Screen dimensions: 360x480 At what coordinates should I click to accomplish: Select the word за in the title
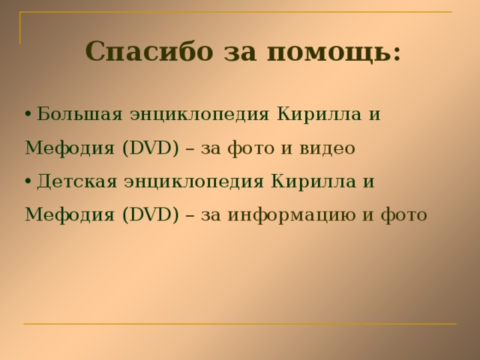(x=239, y=52)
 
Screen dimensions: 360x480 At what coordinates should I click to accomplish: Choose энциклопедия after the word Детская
(x=193, y=181)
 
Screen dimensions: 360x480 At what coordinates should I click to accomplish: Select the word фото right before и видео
(x=252, y=148)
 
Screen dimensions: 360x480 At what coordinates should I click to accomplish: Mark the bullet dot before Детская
(x=28, y=181)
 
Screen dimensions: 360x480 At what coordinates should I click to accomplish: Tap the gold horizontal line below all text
(x=240, y=324)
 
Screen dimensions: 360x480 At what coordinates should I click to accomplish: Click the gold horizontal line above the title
(x=240, y=13)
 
